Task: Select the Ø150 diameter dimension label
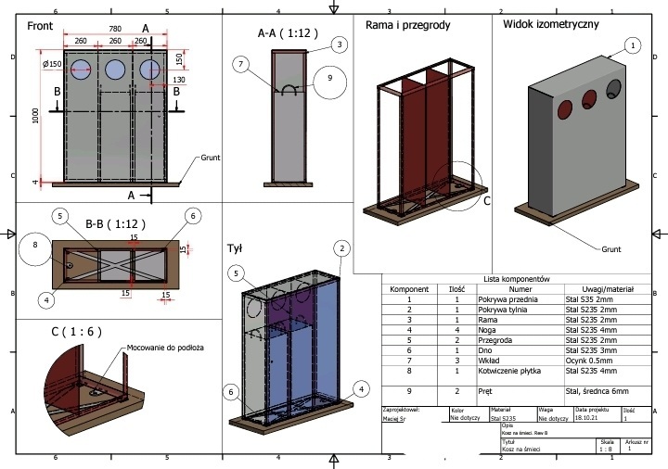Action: tap(52, 64)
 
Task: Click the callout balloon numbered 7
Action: tap(241, 64)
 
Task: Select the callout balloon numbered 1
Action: tap(633, 44)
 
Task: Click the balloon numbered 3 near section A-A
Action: tap(340, 44)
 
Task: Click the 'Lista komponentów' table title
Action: tap(518, 279)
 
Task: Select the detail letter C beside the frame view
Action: tap(487, 198)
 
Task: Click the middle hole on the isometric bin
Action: tap(587, 98)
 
